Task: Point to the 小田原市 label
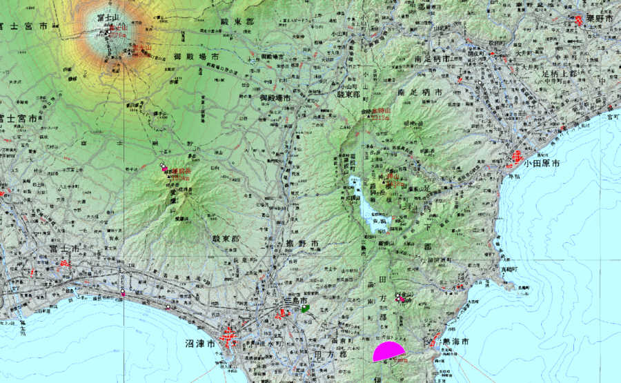[541, 164]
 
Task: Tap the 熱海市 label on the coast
[455, 342]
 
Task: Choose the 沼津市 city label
[200, 342]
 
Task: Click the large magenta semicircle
[389, 352]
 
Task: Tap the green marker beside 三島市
[304, 310]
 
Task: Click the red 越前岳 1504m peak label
[179, 173]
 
